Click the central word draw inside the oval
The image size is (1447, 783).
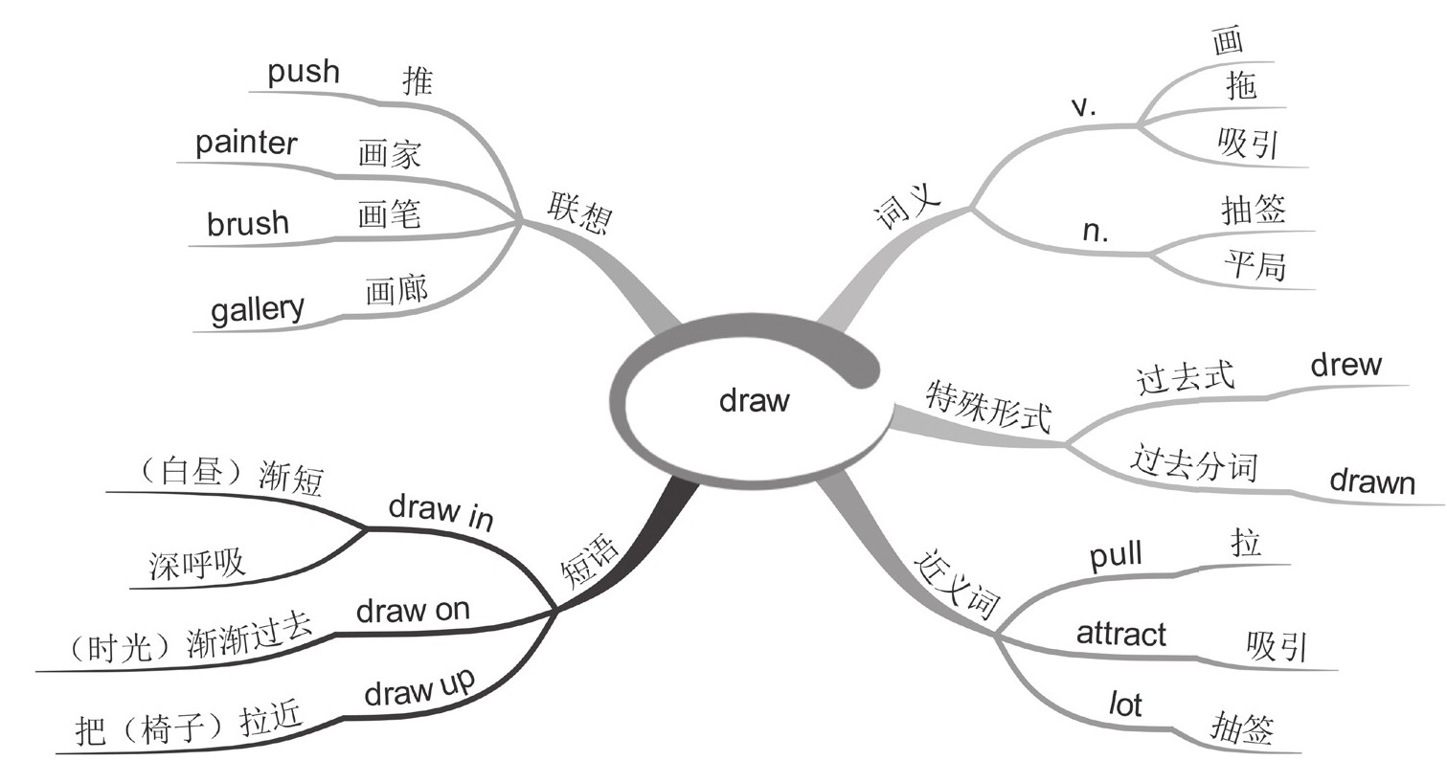pyautogui.click(x=754, y=399)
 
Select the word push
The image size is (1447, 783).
pyautogui.click(x=303, y=72)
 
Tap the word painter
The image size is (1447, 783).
pyautogui.click(x=246, y=144)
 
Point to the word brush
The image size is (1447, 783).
pyautogui.click(x=247, y=223)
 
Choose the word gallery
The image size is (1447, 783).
pyautogui.click(x=257, y=309)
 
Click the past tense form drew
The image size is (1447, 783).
pyautogui.click(x=1345, y=365)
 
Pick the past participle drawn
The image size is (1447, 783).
pyautogui.click(x=1371, y=481)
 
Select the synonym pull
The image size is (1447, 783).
pyautogui.click(x=1117, y=555)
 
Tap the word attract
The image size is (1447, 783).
pyautogui.click(x=1120, y=634)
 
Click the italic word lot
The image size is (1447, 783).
pyautogui.click(x=1125, y=705)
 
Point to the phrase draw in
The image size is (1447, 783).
pyautogui.click(x=441, y=511)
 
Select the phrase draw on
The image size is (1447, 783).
pyautogui.click(x=413, y=610)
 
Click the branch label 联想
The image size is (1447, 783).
pyautogui.click(x=578, y=213)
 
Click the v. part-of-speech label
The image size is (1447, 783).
pyautogui.click(x=1083, y=106)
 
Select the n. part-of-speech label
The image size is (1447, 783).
pyautogui.click(x=1095, y=231)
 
